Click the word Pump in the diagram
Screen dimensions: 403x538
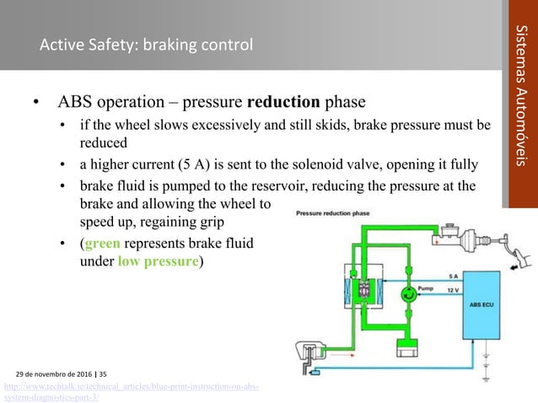click(x=426, y=288)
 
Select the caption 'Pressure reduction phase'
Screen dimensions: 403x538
click(x=331, y=213)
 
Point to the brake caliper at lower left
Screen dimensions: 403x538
click(x=309, y=354)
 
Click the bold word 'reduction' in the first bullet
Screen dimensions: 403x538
click(x=283, y=104)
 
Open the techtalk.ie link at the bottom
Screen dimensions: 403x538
click(x=131, y=391)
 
